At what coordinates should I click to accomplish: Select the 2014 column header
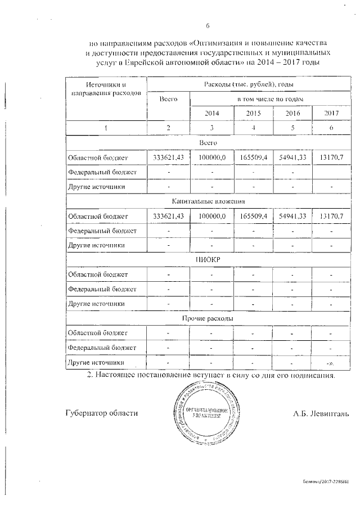pos(211,113)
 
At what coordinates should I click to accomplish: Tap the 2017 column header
pos(332,113)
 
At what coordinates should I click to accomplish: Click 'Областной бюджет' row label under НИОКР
pos(98,274)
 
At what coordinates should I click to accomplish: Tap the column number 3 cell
pos(211,128)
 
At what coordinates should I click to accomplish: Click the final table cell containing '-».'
pos(332,362)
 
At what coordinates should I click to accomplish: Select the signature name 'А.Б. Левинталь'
pos(321,413)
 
